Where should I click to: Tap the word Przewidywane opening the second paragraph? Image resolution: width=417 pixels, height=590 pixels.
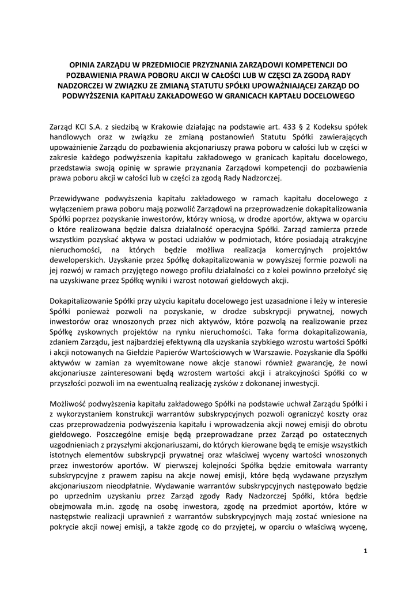pyautogui.click(x=78, y=198)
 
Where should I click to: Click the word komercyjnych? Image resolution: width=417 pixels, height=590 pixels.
pyautogui.click(x=294, y=250)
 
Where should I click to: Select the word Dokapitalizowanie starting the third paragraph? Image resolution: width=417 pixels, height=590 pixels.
pyautogui.click(x=86, y=301)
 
